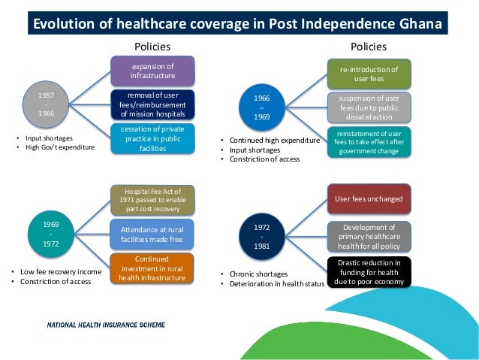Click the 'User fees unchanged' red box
tap(369, 199)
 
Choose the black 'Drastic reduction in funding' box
tap(369, 271)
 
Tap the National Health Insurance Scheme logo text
tap(107, 325)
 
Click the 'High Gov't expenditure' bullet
tap(57, 147)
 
